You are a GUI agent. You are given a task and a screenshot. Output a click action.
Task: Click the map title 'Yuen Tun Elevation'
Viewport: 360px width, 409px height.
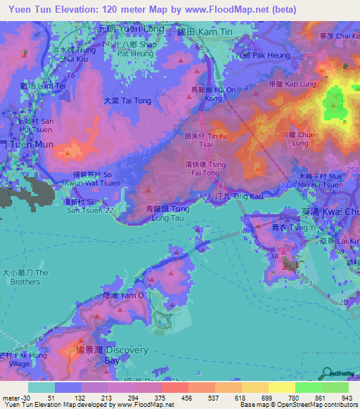(x=49, y=9)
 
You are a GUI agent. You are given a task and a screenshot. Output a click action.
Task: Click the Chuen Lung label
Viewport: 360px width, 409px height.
(x=283, y=136)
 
